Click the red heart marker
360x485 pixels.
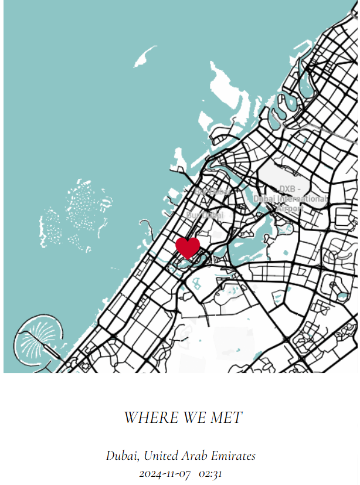click(188, 247)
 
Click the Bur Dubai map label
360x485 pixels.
click(205, 215)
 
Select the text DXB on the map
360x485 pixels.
click(287, 189)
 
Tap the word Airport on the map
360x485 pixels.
click(290, 208)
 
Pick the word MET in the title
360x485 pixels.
click(226, 418)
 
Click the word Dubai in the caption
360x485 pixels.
click(121, 455)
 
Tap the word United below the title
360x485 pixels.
click(162, 455)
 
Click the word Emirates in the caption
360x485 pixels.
click(235, 455)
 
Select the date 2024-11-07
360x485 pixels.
click(165, 473)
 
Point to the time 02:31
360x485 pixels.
click(210, 473)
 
